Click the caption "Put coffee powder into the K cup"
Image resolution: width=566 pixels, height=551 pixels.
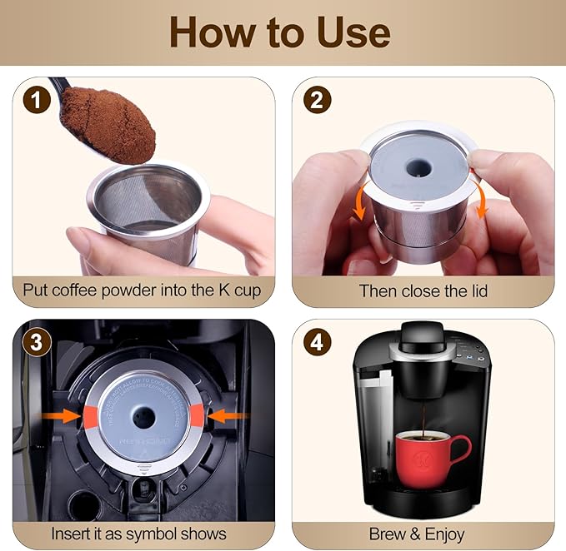point(143,290)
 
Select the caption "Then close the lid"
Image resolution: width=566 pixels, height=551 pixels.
point(423,290)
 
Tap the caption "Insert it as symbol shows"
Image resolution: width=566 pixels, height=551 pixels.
point(138,533)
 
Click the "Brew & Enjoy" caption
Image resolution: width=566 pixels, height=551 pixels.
point(423,533)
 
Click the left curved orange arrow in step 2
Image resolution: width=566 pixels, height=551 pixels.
point(359,204)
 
